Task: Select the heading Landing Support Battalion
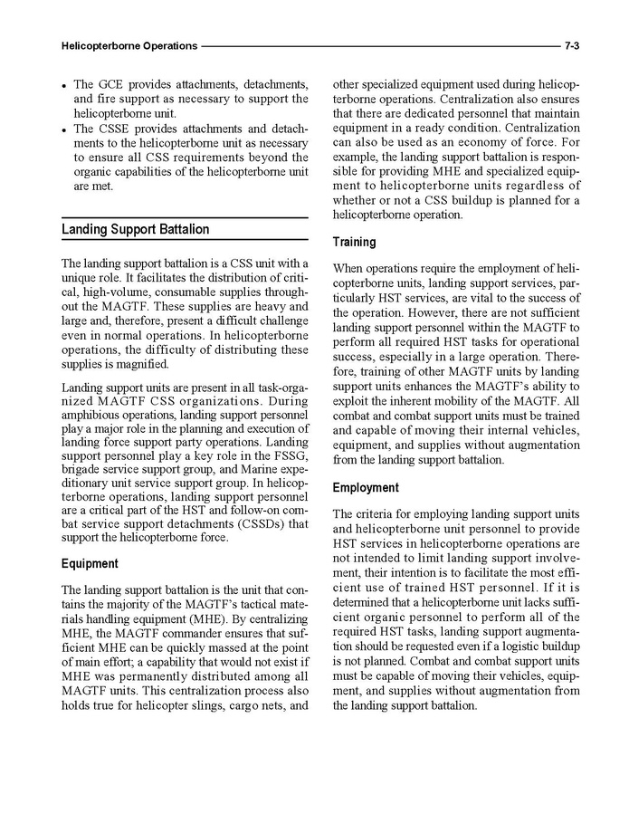135,230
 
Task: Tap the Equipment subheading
90,563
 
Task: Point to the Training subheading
355,243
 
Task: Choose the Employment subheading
366,488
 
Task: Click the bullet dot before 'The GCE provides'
66,86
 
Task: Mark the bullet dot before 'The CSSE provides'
66,130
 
